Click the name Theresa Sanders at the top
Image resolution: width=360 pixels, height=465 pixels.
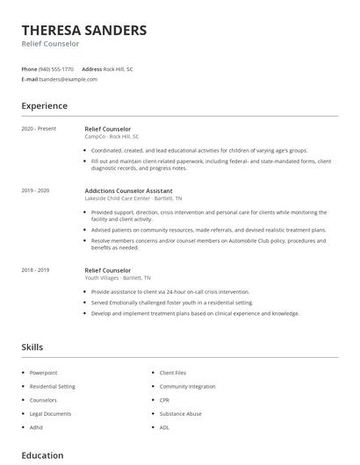[x=84, y=30]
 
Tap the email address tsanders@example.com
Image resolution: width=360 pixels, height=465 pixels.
[x=68, y=79]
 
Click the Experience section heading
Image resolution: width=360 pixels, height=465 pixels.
[x=44, y=106]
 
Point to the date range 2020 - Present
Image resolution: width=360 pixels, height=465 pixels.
[x=39, y=129]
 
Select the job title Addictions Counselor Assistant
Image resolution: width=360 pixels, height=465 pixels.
[x=128, y=190]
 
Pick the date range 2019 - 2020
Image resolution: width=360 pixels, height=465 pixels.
[x=36, y=190]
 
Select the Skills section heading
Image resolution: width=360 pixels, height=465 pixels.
[x=32, y=347]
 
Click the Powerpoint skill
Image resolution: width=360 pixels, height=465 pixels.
[x=44, y=373]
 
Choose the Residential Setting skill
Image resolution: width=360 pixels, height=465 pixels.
[x=53, y=386]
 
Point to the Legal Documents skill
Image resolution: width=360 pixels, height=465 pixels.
[x=49, y=412]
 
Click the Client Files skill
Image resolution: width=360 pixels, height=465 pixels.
[x=173, y=373]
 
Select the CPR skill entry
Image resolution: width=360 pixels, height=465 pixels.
[x=165, y=399]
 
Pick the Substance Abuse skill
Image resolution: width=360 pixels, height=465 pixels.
[x=180, y=412]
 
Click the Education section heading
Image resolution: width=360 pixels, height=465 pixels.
[x=42, y=455]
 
